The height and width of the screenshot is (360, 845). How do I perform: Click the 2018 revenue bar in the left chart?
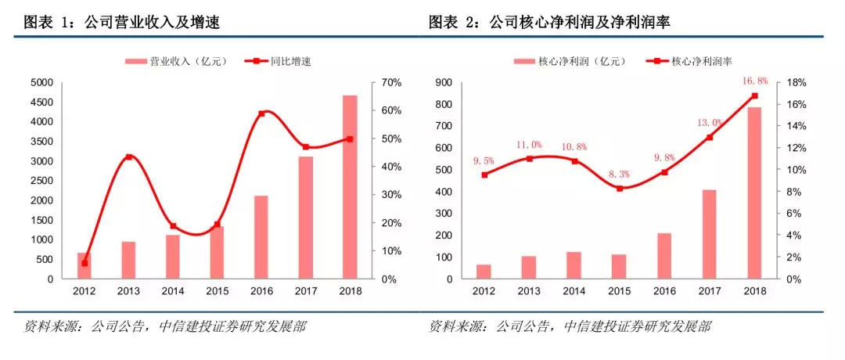(x=350, y=187)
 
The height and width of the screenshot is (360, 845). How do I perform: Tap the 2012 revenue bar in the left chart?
(x=84, y=265)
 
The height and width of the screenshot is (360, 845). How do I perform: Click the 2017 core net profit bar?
(x=710, y=234)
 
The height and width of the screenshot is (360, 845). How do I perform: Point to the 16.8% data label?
(x=754, y=81)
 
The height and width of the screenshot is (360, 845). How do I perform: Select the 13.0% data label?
(x=709, y=122)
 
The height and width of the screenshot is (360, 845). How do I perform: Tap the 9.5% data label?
(x=484, y=160)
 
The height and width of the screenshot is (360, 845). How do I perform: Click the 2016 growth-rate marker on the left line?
(x=261, y=113)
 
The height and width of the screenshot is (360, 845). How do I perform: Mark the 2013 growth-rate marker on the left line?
(x=128, y=157)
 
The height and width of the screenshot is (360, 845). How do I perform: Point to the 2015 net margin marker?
(x=619, y=189)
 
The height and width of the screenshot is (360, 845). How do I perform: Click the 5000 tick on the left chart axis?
(x=40, y=82)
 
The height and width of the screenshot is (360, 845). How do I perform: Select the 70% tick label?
(x=392, y=82)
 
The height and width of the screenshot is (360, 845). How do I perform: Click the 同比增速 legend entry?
(x=277, y=61)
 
